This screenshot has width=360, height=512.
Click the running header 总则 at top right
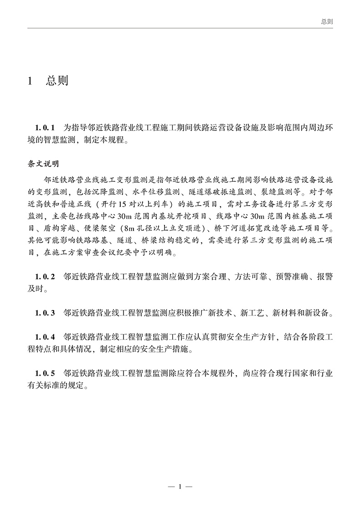coord(327,21)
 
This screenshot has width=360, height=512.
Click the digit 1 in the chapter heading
coord(30,81)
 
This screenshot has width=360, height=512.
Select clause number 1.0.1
coord(45,126)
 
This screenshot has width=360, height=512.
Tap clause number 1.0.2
coord(45,276)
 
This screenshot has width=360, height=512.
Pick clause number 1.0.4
coord(45,337)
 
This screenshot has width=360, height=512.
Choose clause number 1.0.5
coord(45,373)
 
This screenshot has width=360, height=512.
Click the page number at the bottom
coord(180,487)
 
